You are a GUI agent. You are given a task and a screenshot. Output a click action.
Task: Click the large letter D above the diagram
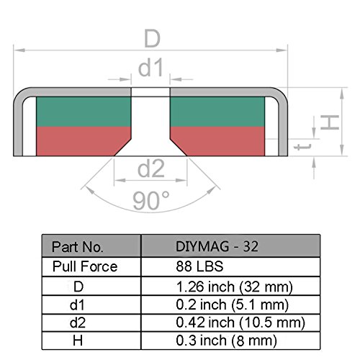click(152, 38)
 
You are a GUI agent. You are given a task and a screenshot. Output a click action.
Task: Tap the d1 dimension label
click(151, 68)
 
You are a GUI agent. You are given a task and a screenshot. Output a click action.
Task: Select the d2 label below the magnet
click(151, 168)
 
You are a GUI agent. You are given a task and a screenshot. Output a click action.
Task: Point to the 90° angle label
click(151, 200)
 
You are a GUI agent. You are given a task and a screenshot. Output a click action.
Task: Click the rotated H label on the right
click(330, 122)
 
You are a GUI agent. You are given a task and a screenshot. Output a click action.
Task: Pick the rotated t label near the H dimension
click(302, 147)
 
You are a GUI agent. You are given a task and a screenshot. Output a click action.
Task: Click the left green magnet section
click(84, 112)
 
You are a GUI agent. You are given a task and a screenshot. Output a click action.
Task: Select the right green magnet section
click(217, 112)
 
